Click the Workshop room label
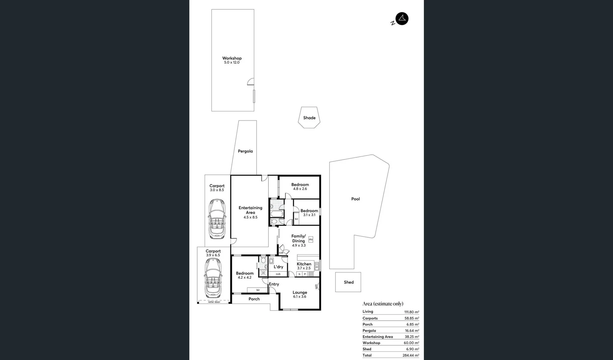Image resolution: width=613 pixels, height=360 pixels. click(x=232, y=58)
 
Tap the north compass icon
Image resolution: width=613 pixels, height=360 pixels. click(x=402, y=19)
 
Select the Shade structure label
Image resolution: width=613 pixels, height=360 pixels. click(x=309, y=118)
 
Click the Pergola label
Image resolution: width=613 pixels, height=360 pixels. click(x=245, y=151)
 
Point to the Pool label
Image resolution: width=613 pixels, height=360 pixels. click(x=355, y=199)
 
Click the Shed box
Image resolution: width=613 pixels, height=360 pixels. click(x=348, y=282)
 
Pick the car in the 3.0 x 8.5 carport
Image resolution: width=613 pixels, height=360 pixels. click(x=217, y=219)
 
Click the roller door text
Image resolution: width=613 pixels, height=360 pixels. click(x=214, y=302)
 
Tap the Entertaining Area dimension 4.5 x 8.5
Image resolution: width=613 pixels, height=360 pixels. click(x=250, y=217)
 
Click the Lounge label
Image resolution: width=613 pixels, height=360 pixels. click(x=300, y=292)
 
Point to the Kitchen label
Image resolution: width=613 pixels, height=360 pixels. click(x=304, y=264)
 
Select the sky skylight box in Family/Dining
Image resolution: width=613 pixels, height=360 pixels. click(x=310, y=239)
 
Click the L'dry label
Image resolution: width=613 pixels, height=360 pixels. click(x=278, y=267)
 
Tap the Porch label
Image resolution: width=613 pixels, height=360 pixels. click(x=254, y=299)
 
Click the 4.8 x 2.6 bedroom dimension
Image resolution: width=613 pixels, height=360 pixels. click(x=300, y=189)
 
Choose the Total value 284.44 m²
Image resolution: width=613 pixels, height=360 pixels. click(x=410, y=355)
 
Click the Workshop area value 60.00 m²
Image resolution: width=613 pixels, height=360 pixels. click(x=411, y=343)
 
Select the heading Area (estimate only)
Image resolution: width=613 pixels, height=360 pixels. click(x=383, y=304)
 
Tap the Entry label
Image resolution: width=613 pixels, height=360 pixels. click(x=274, y=284)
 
